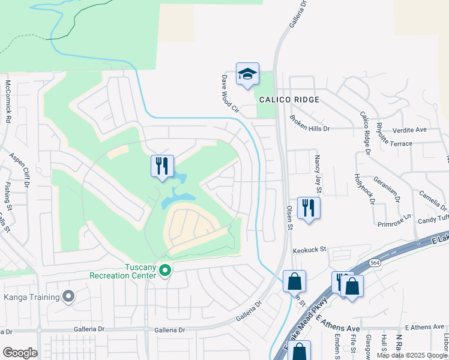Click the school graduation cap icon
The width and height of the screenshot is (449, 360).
tap(247, 74)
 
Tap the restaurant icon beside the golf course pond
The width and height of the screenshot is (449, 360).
tap(162, 167)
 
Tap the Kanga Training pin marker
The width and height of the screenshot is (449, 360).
tap(68, 296)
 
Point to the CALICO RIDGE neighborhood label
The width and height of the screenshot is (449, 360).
tap(289, 100)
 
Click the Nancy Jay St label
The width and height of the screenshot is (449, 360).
tap(318, 169)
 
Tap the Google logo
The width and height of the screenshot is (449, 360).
tap(20, 353)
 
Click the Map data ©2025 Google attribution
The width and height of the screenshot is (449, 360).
tap(412, 355)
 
